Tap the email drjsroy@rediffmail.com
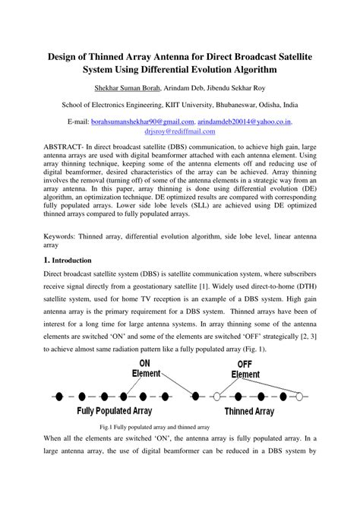pyautogui.click(x=180, y=131)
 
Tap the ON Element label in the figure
pyautogui.click(x=144, y=368)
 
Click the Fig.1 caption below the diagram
pyautogui.click(x=179, y=427)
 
